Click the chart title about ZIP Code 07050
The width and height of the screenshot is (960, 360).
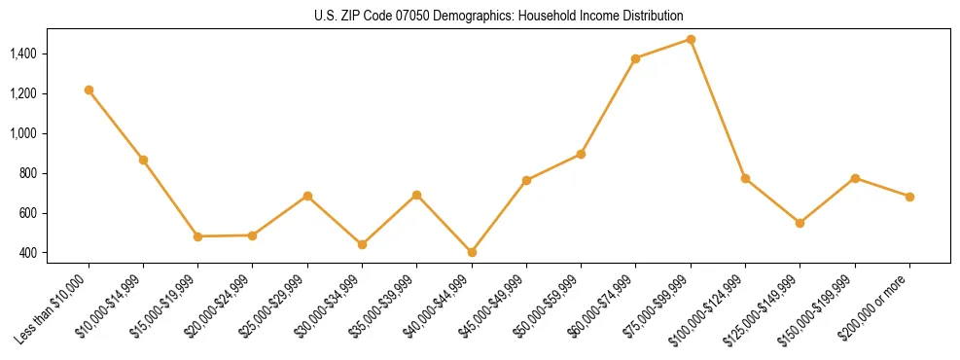499,16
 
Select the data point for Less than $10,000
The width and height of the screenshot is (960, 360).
89,90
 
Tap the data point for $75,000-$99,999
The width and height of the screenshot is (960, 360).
691,39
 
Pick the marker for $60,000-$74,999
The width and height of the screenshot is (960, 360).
635,58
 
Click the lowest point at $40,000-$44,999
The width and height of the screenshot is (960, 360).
472,252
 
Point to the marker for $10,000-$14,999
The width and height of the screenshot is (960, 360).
143,160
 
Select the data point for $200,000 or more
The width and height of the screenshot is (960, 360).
909,197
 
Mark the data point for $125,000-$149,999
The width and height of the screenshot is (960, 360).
800,223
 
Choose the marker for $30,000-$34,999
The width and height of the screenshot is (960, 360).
362,244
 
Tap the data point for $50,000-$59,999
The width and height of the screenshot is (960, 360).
581,154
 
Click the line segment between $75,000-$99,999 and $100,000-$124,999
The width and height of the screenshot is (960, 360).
718,109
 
